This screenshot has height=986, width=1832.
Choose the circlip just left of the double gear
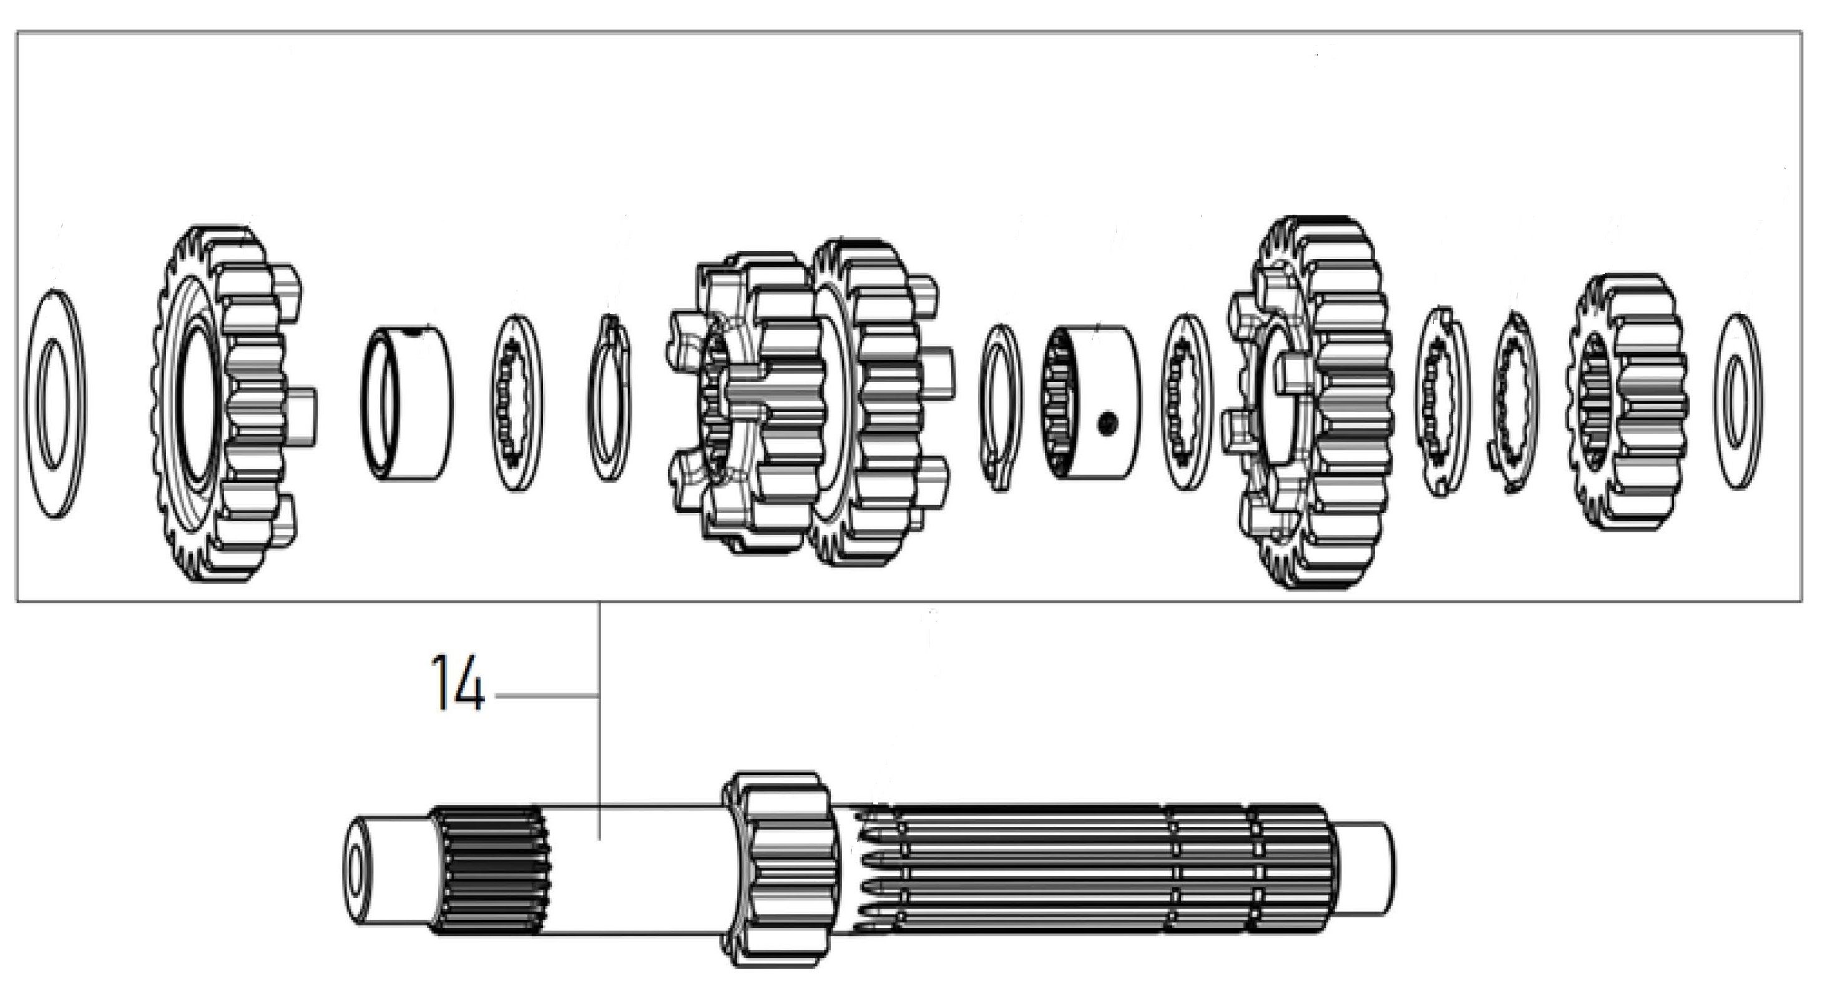pyautogui.click(x=610, y=398)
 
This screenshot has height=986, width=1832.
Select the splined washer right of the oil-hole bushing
pyautogui.click(x=1188, y=403)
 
